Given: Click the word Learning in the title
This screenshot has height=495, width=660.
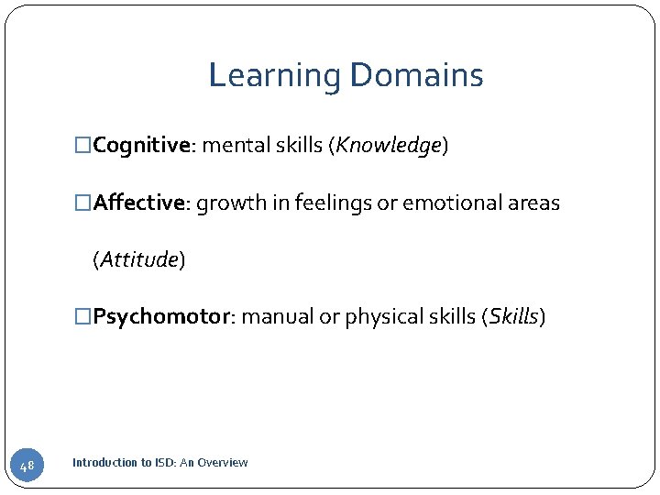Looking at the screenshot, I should tap(272, 75).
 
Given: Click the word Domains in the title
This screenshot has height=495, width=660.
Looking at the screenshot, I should tap(414, 75).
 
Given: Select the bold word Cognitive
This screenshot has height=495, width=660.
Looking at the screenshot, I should tap(140, 145).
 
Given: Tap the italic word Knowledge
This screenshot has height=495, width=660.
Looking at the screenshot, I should tap(389, 145).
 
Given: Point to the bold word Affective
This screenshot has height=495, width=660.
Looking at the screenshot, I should tap(139, 203).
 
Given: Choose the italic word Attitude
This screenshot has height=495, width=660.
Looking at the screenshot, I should tap(138, 260).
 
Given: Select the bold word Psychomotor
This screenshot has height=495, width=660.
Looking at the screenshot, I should tap(160, 317).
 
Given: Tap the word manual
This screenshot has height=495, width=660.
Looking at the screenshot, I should tap(277, 317).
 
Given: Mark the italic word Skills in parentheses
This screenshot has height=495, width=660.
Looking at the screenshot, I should tap(513, 317).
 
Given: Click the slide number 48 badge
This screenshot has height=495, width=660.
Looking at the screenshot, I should tap(27, 467).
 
